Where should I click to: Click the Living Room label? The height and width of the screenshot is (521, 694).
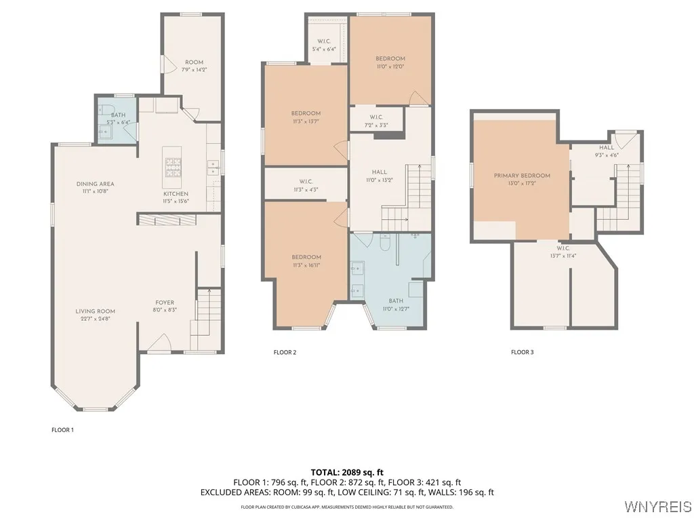coord(95,311)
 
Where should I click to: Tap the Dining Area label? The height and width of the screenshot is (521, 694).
coord(95,184)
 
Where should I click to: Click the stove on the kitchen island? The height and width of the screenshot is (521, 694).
coord(173,166)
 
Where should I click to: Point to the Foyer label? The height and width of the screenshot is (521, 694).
coord(165,303)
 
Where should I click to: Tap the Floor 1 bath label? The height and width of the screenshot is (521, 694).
coord(119,115)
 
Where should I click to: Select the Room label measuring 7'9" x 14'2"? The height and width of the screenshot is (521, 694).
coord(194,62)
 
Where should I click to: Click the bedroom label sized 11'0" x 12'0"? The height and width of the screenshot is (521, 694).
coord(390,59)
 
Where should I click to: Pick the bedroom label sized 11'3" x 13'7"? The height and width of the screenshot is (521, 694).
coord(306,113)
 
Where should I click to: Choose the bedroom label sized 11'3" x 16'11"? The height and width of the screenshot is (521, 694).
coord(306,257)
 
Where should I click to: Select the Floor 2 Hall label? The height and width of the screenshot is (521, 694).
coord(380,172)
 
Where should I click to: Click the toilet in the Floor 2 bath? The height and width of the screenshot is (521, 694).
coord(384,241)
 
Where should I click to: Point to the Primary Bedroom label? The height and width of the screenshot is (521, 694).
coord(522,176)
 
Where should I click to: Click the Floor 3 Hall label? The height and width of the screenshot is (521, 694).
coord(606,147)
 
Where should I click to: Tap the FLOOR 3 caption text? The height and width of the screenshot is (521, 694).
coord(522,352)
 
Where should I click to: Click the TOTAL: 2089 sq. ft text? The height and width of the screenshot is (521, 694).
coord(346,471)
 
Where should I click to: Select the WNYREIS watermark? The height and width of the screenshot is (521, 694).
coord(657,507)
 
